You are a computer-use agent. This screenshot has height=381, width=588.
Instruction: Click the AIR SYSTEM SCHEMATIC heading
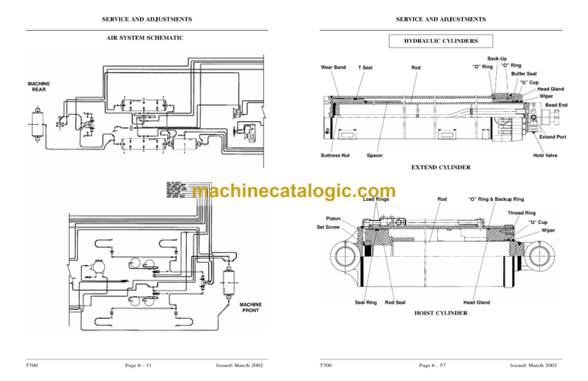[145, 38]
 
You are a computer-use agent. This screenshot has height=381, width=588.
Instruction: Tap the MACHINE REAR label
[39, 86]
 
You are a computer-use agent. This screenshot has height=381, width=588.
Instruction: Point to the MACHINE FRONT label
[251, 307]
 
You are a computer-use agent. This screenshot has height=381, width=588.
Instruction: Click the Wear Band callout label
[333, 67]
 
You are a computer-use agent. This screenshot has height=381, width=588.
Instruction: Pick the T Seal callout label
[365, 68]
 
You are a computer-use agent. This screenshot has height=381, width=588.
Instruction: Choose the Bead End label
[556, 105]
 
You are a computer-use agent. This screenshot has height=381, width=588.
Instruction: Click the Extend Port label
[552, 137]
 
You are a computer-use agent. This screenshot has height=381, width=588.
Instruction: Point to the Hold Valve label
[544, 156]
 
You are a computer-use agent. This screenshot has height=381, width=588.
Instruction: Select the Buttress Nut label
[335, 156]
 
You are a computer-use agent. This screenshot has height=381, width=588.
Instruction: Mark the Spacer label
[374, 156]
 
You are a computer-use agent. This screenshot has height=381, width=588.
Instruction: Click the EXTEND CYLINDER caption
[440, 167]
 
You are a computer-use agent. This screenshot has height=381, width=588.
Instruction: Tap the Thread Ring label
[521, 213]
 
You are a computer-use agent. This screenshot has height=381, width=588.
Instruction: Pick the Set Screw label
[328, 227]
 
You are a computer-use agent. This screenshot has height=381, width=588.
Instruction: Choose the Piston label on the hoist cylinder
[333, 218]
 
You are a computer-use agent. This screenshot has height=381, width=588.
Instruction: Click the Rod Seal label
[395, 303]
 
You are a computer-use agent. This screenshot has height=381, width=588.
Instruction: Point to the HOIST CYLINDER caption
[441, 314]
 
